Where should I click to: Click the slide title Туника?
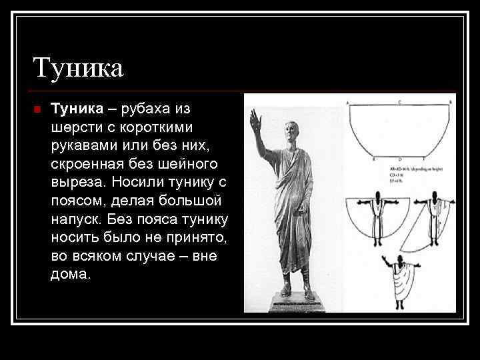point(78,69)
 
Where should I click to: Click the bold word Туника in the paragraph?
point(76,108)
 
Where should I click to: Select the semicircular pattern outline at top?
point(399,130)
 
